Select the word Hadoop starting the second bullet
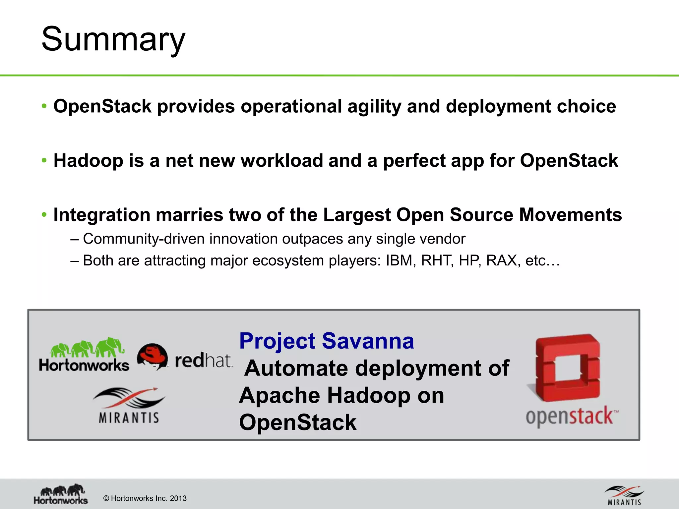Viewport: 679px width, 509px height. point(88,161)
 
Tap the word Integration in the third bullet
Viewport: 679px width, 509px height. point(101,215)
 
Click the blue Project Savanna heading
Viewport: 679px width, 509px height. point(327,341)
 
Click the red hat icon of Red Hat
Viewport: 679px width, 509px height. point(153,357)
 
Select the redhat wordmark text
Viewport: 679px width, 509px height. point(204,361)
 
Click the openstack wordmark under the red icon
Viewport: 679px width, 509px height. point(572,416)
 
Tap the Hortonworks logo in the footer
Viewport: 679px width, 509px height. point(61,494)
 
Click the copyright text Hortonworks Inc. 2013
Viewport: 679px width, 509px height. point(145,498)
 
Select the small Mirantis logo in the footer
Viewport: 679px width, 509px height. point(624,495)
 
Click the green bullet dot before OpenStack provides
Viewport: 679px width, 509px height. point(44,106)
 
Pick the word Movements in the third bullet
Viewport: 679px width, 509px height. point(570,215)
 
